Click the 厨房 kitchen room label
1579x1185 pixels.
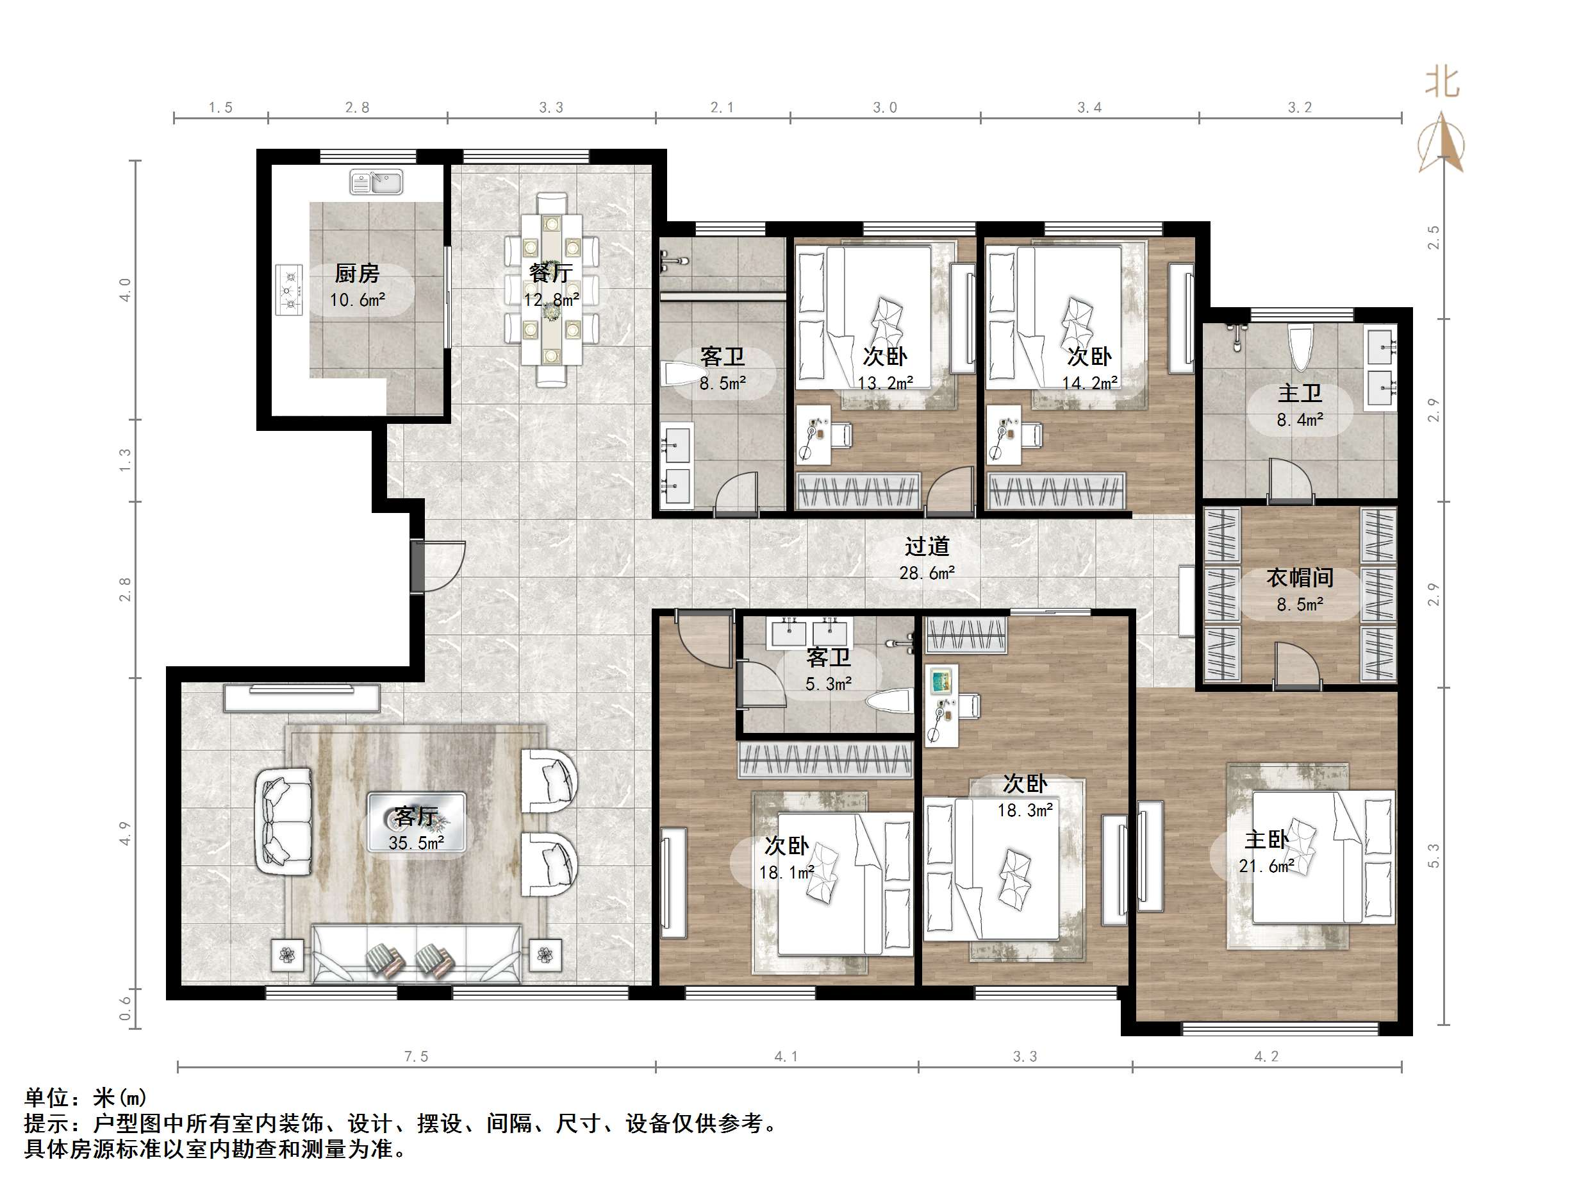coord(357,273)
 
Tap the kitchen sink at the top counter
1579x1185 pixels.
coord(376,182)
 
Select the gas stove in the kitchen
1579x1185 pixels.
coord(289,290)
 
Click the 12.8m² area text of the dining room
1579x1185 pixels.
coord(551,300)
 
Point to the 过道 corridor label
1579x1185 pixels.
coord(927,546)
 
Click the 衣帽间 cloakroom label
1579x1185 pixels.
coord(1300,578)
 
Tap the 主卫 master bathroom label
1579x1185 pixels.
coord(1300,393)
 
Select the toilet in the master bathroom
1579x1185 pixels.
coord(1301,348)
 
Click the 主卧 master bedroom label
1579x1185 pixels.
coord(1266,839)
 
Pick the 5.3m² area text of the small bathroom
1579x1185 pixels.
coord(829,684)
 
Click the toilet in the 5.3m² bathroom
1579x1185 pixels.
coord(889,701)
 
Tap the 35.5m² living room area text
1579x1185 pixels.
coord(416,843)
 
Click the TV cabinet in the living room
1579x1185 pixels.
coord(301,698)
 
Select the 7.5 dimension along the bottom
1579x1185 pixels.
coord(416,1056)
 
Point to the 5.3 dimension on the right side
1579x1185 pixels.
coord(1434,855)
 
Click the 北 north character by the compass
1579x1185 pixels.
coord(1442,81)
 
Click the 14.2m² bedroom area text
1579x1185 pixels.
coord(1089,383)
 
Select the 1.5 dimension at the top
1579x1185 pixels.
coord(220,107)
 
